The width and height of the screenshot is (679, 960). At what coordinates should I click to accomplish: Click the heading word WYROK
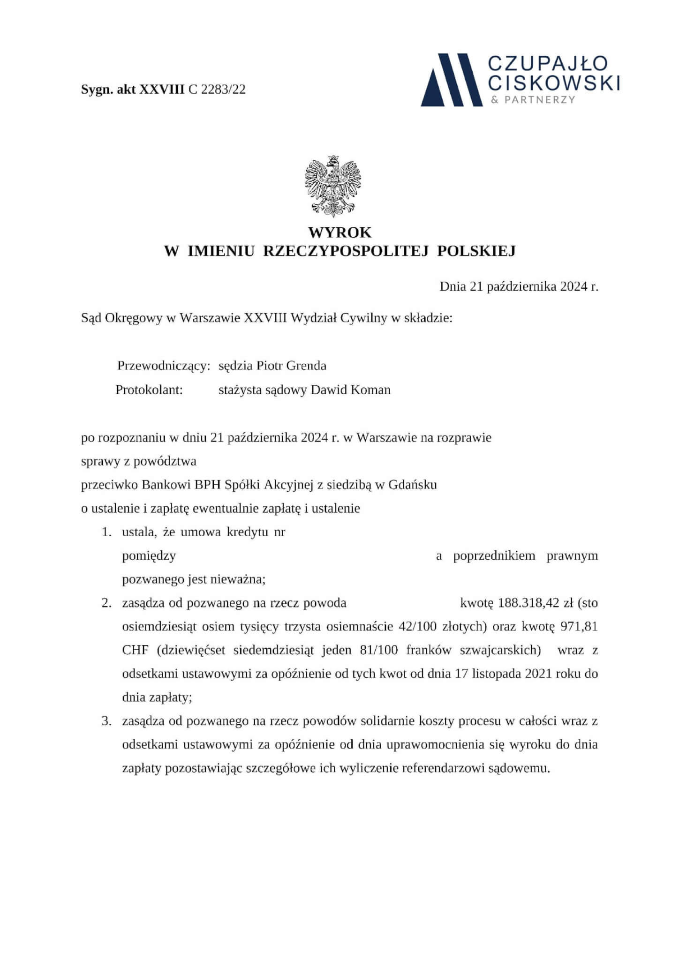[339, 232]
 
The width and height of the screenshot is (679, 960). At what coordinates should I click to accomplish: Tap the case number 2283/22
[223, 90]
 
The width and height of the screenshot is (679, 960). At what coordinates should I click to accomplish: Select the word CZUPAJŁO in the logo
[548, 64]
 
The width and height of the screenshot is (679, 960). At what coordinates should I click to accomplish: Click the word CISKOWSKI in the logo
[554, 83]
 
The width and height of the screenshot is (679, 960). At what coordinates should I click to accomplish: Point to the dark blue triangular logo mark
[452, 80]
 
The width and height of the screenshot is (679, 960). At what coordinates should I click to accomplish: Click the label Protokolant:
[149, 390]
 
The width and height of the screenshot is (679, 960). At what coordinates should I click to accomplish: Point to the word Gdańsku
[413, 485]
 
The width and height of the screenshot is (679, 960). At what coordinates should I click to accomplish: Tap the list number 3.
[106, 721]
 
